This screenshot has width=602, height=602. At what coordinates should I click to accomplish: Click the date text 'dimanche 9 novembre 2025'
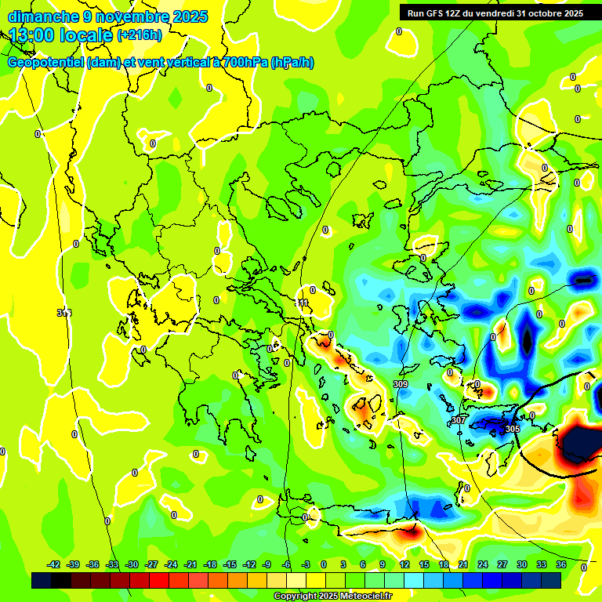tap(107, 16)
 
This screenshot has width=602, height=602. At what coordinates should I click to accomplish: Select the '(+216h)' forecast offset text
tap(140, 34)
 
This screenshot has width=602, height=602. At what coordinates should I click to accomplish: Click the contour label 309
tap(400, 384)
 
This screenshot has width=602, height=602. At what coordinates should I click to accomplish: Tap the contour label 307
tap(459, 421)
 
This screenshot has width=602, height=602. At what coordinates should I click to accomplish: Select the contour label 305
tap(512, 429)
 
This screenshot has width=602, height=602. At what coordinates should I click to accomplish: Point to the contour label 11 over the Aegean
tap(303, 303)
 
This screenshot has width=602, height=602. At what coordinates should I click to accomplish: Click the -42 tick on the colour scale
tap(53, 564)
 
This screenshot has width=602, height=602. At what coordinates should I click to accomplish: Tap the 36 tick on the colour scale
tap(561, 564)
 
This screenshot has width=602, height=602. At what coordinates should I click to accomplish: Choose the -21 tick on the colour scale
tap(190, 564)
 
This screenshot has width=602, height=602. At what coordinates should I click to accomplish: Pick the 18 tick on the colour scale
tap(444, 564)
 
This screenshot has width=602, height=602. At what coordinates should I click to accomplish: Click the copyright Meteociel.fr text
tap(332, 597)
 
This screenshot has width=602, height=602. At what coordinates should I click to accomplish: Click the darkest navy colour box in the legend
tap(42, 580)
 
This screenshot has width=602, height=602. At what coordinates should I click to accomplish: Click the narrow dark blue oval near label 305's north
tap(527, 339)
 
